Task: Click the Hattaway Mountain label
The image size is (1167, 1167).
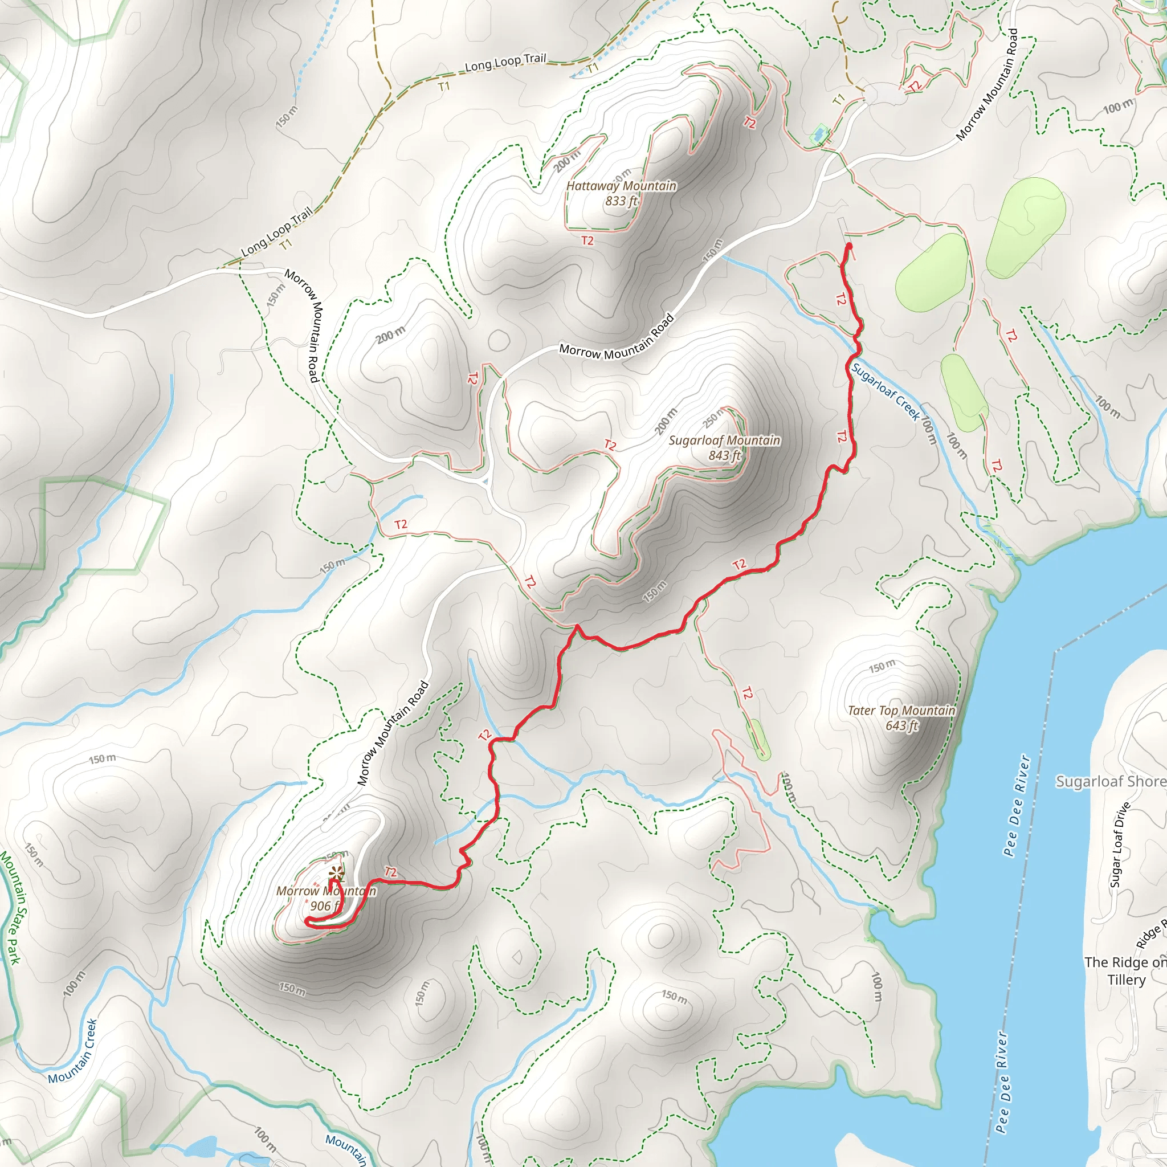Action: [x=621, y=186]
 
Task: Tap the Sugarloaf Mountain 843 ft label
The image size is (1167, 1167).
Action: [x=724, y=447]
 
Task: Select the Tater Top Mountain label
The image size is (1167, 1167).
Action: [x=901, y=711]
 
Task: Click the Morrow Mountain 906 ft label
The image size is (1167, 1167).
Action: [x=325, y=898]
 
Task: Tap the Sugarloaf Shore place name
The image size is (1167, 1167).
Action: [x=1110, y=781]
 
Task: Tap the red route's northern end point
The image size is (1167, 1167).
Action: [x=848, y=246]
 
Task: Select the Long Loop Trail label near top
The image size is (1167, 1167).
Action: [x=505, y=62]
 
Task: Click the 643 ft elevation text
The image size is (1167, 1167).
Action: [x=902, y=725]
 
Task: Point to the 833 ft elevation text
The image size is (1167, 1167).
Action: [x=622, y=201]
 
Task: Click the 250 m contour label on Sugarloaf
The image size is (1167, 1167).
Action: [x=715, y=417]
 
